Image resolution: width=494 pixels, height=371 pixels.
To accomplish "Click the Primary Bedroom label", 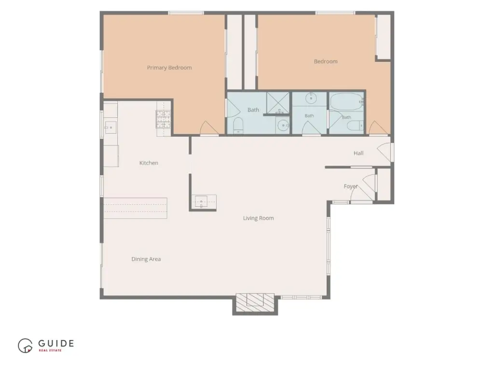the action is pos(169,68).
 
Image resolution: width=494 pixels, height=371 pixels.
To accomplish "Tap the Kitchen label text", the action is pos(149,163).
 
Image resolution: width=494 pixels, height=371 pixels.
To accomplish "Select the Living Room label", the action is pos(259,218).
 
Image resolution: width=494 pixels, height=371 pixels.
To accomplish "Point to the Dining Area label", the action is pos(146,259).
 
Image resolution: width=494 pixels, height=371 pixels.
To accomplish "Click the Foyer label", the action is pos(351,186).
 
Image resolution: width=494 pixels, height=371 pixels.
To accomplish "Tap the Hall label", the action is pos(358,153).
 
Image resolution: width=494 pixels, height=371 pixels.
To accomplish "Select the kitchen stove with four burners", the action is pos(163,119).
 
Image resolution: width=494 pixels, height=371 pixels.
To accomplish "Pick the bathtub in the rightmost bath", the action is pos(346,101).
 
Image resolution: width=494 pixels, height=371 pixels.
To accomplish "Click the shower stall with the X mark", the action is pos(278,103).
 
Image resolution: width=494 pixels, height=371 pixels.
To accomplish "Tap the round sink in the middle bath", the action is pos(311,98).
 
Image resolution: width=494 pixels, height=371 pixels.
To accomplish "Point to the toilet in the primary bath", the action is pos(238,125).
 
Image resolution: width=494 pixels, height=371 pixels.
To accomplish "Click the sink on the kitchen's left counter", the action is pos(110,128).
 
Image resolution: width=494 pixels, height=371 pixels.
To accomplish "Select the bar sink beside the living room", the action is pos(201,201).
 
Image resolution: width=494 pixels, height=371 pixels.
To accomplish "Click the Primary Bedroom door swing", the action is pos(209,128).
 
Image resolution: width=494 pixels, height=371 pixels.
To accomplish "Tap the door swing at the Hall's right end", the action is pos(384,152).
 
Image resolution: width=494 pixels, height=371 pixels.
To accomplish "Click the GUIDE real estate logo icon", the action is pos(25,346).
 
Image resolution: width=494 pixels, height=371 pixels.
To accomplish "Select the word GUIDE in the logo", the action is pos(56,343).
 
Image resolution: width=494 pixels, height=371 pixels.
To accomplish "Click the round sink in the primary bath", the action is pos(283,126).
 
